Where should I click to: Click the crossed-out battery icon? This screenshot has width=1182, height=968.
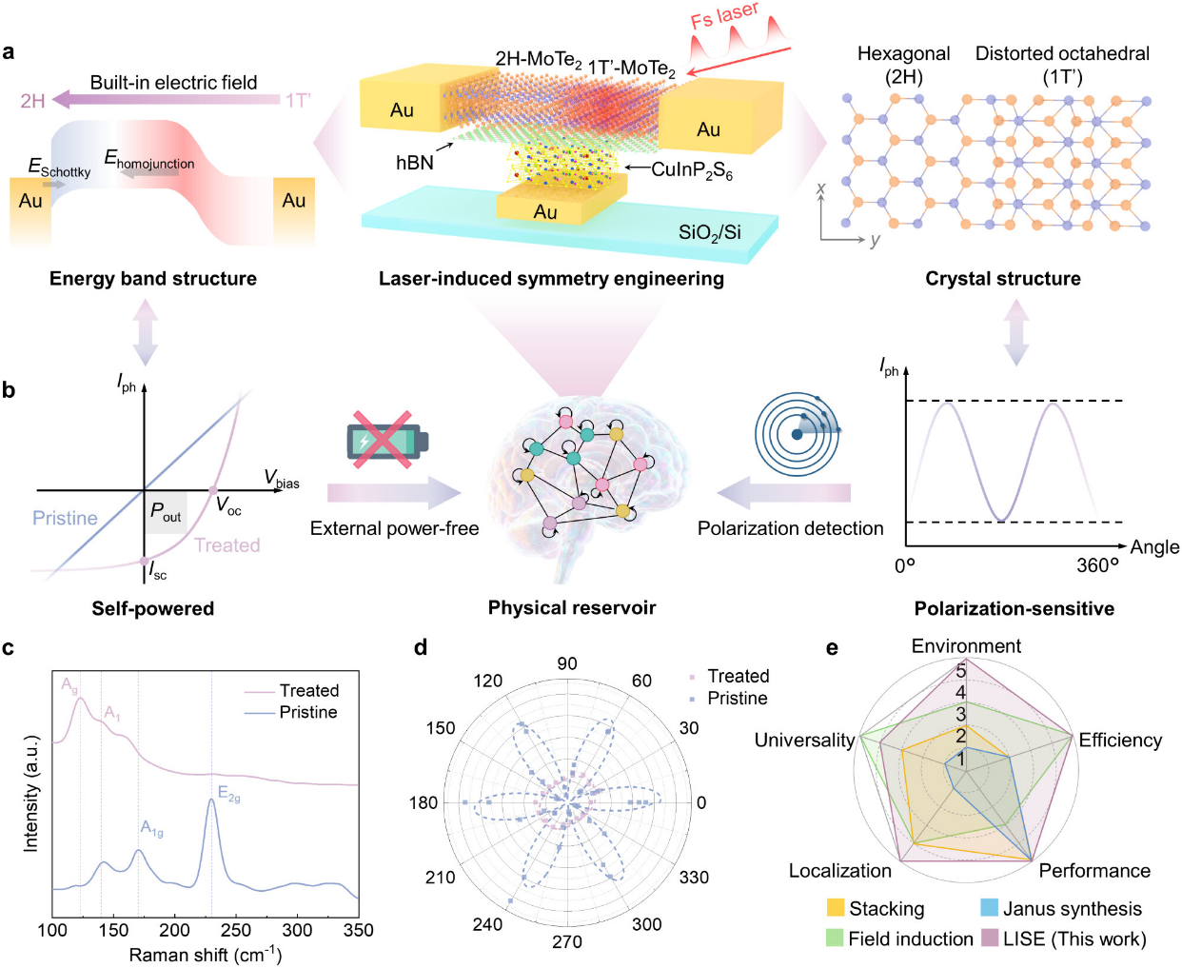click(x=385, y=441)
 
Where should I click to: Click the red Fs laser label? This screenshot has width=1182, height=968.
click(x=725, y=17)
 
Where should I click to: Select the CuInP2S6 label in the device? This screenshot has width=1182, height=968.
click(x=692, y=170)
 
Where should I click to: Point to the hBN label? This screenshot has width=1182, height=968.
click(x=415, y=163)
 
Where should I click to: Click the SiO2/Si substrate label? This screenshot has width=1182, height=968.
click(x=709, y=233)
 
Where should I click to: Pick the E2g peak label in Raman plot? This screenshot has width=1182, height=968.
click(x=228, y=794)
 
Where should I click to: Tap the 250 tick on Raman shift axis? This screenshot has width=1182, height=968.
click(x=236, y=930)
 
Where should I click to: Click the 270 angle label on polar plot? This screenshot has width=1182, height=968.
click(x=567, y=941)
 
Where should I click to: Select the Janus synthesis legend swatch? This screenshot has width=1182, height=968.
click(x=989, y=908)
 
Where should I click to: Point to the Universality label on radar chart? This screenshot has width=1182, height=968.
click(x=804, y=741)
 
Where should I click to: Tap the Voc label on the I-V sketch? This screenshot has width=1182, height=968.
click(x=228, y=507)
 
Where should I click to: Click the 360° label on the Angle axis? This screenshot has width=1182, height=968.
click(x=1097, y=565)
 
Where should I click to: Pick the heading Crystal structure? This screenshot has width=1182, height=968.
click(x=1002, y=279)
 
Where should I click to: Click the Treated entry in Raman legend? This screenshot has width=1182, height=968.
click(x=308, y=691)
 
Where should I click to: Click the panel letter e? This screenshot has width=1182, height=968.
click(x=832, y=648)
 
